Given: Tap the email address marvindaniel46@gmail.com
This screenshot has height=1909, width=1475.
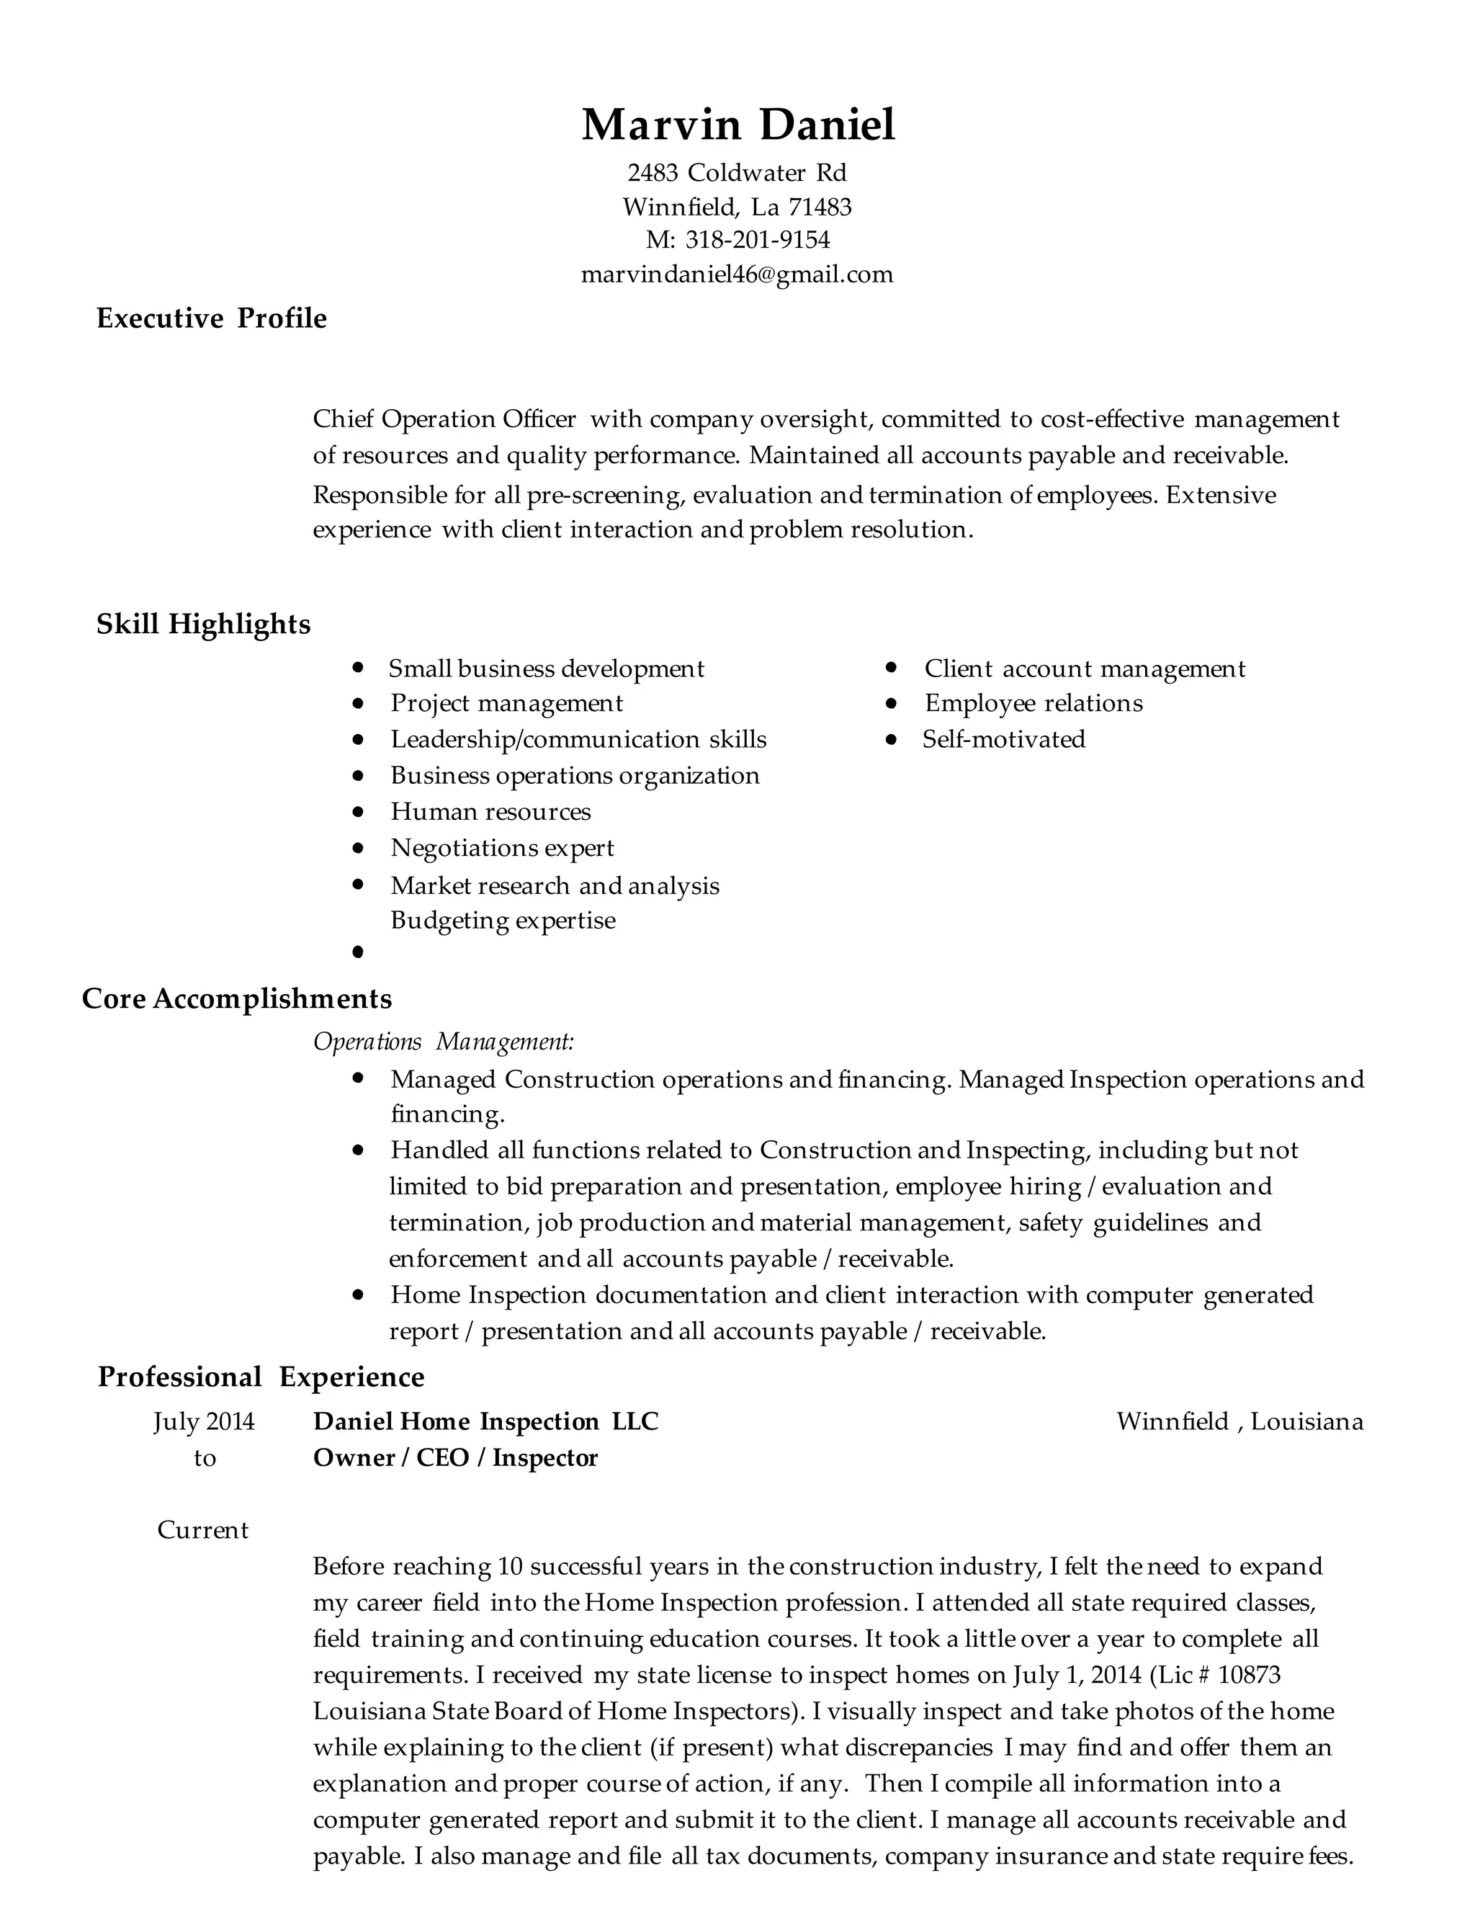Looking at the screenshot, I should click(737, 274).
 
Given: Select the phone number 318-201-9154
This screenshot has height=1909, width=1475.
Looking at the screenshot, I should click(757, 239).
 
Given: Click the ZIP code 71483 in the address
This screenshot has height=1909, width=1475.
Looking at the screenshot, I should click(820, 207).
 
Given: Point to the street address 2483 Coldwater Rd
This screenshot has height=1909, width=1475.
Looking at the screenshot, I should click(737, 172).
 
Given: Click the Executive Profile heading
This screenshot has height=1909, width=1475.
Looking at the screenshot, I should click(212, 318).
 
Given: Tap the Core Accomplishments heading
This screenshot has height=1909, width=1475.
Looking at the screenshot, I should click(236, 998).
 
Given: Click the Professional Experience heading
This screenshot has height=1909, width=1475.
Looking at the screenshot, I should click(261, 1377).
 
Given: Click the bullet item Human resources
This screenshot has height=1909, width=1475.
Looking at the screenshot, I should click(490, 812).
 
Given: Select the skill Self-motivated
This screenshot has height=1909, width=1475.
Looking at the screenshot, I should click(1003, 740).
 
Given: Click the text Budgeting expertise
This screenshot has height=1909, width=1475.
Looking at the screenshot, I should click(503, 921).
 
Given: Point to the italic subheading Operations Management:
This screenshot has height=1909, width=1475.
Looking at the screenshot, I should click(443, 1042).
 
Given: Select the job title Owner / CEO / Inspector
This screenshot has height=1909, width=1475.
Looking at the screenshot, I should click(454, 1458).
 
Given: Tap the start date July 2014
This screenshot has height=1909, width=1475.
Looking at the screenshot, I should click(204, 1421).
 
